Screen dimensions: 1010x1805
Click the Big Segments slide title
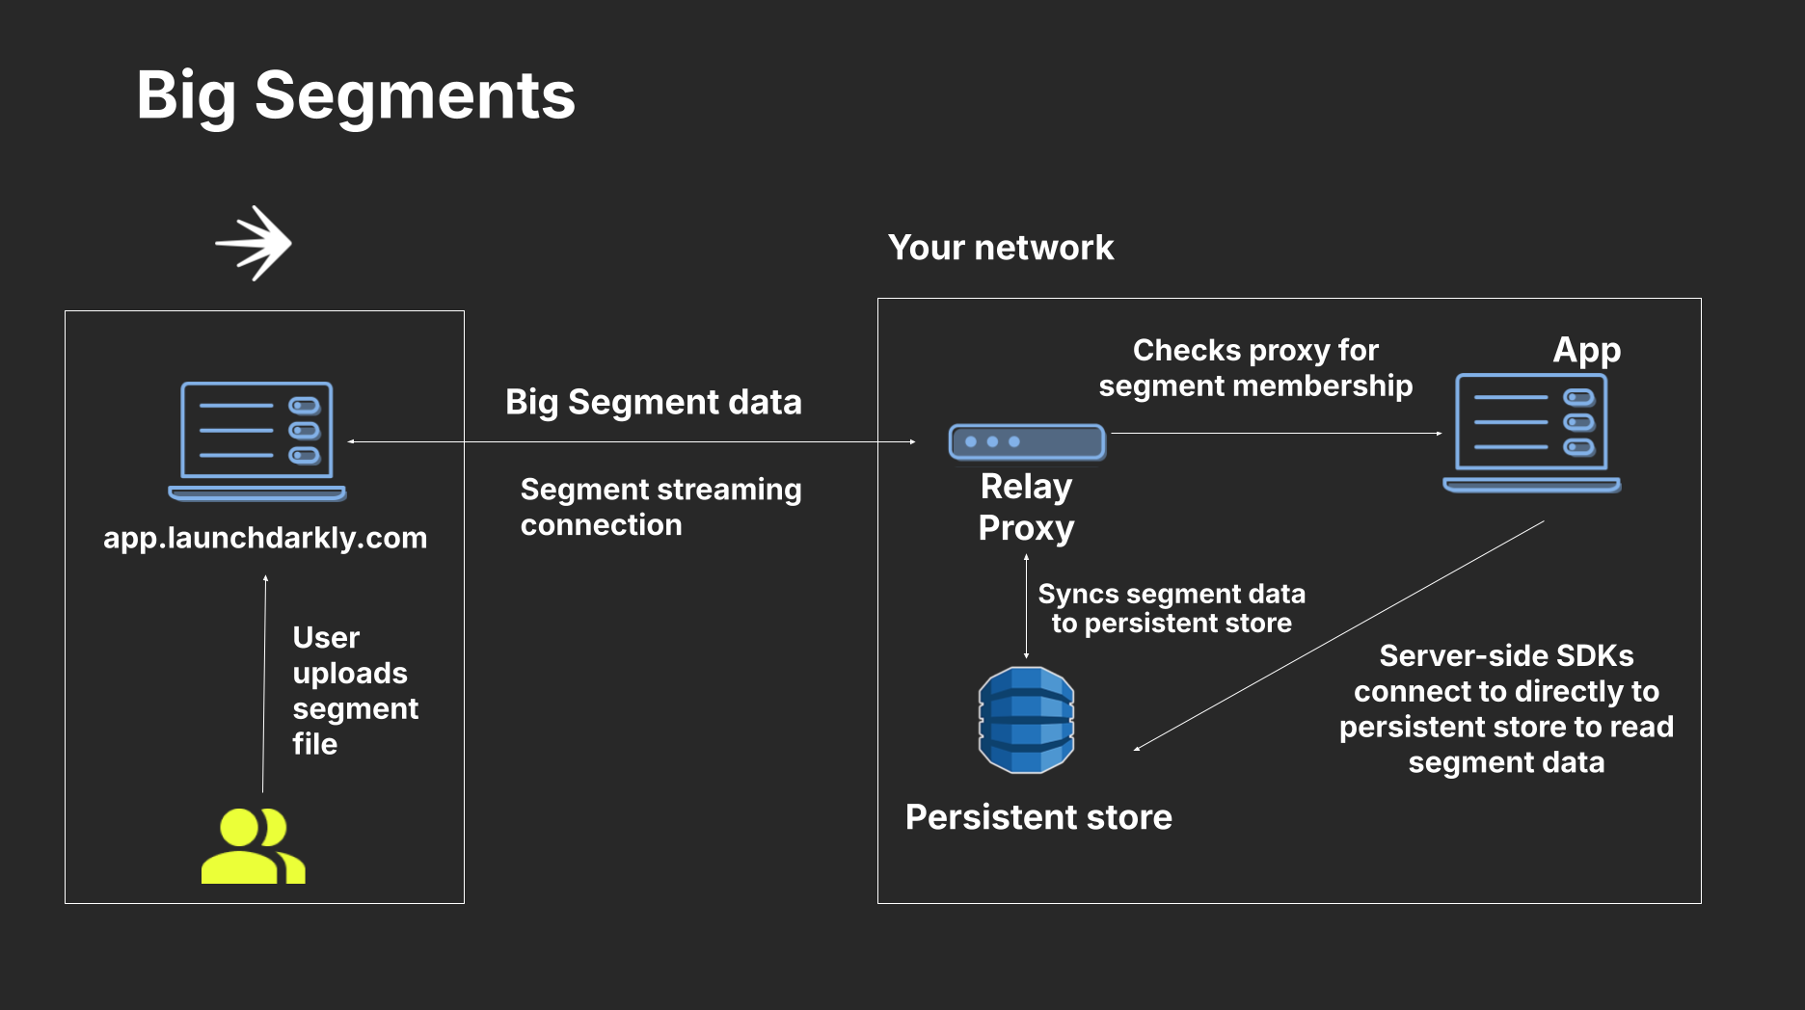point(356,95)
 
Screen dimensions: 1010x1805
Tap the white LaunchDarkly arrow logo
point(254,243)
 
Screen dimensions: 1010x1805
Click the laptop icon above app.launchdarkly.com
point(257,439)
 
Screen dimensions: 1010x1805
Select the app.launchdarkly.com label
point(265,537)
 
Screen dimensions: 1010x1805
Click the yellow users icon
point(253,846)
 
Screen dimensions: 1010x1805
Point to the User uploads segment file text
point(354,690)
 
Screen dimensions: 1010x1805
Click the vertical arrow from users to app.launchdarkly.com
point(264,684)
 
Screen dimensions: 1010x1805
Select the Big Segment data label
point(653,402)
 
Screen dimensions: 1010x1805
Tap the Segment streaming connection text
point(660,507)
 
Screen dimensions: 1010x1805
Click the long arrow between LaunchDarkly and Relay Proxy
point(632,441)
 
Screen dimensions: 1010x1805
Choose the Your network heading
point(1000,248)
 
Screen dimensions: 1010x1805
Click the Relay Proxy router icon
point(1026,441)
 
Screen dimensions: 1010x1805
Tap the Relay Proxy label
point(1026,507)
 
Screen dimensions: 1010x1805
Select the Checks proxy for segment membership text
point(1254,367)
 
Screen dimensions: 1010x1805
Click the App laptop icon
point(1531,433)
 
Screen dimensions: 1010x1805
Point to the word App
point(1586,350)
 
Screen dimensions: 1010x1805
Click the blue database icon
point(1026,720)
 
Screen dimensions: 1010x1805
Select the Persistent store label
point(1038,817)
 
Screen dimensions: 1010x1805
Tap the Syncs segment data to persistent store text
point(1171,608)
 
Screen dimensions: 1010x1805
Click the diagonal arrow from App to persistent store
point(1340,635)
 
